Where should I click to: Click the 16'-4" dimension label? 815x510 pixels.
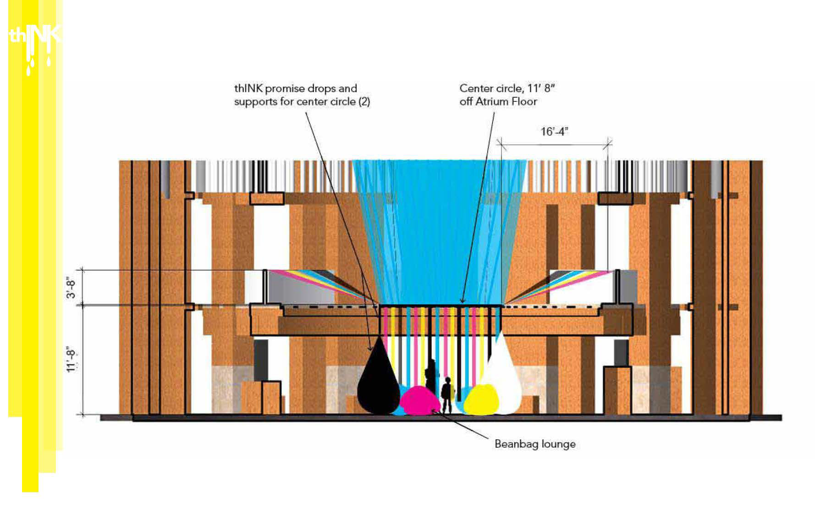point(554,132)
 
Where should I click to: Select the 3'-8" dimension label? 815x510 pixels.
point(72,287)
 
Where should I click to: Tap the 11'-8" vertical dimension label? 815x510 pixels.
point(72,361)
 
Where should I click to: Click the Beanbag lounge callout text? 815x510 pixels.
point(535,444)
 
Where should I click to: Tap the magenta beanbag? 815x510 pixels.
point(419,400)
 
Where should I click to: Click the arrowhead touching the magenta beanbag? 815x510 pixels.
point(433,411)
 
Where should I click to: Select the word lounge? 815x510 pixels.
point(558,444)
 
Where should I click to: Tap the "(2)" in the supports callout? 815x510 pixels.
point(364,102)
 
